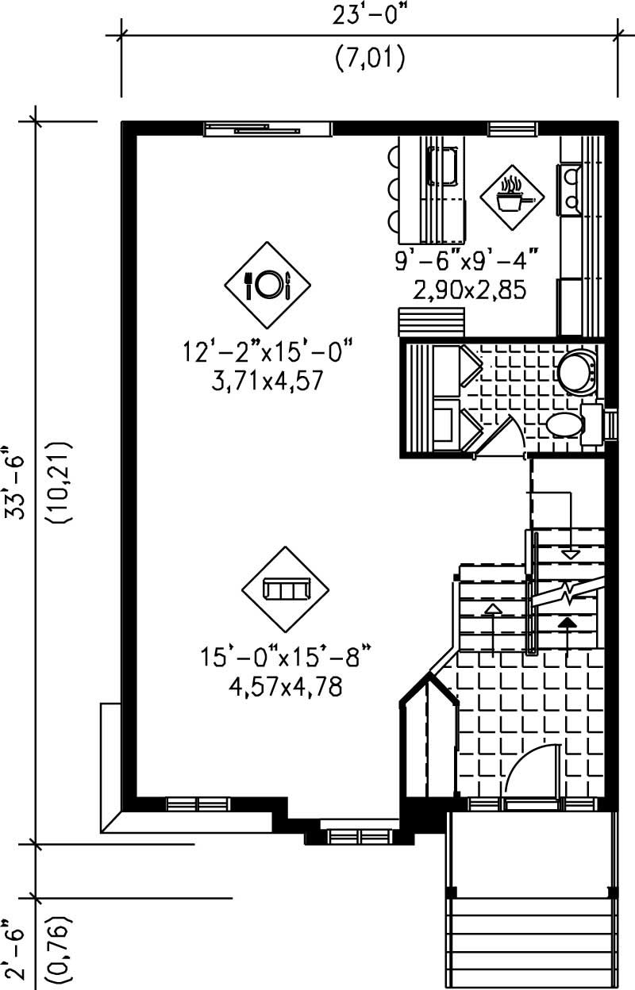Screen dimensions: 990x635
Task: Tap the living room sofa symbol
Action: coord(285,589)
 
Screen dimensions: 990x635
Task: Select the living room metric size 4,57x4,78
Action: coord(285,687)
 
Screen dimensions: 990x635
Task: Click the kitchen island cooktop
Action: coord(444,167)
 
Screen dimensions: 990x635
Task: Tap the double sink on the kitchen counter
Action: coord(571,187)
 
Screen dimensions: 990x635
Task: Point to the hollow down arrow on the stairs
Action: coord(571,553)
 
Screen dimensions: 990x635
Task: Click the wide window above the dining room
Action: coord(267,129)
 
